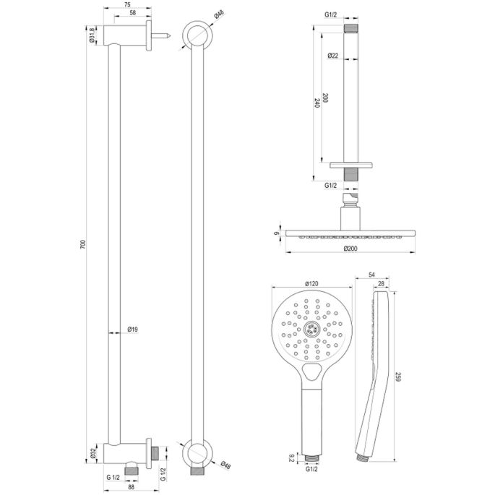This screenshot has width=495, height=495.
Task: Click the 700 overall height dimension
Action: pos(85,246)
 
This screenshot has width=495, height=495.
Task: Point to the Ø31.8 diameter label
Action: pos(92,36)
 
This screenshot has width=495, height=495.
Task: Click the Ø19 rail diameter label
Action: pos(132,331)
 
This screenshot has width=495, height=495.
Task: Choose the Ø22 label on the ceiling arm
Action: pos(333,56)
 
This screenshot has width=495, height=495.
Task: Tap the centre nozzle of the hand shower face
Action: pos(313,328)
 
